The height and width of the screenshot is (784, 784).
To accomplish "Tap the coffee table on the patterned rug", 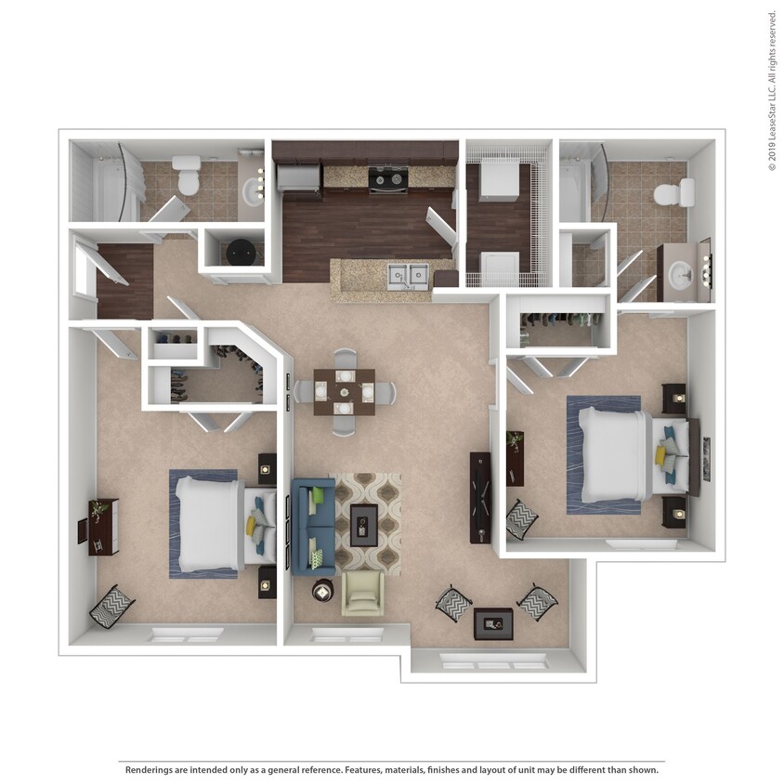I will point(363,525).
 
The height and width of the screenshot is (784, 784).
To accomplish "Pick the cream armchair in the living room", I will point(362,593).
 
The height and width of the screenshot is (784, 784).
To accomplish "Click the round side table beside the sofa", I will point(323,590).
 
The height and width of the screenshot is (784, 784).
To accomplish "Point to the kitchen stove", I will point(387,178).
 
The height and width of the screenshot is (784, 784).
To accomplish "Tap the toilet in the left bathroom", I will point(189,176).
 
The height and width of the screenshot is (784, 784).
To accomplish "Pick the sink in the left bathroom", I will point(251,190).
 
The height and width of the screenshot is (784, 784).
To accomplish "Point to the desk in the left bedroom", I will point(102,527).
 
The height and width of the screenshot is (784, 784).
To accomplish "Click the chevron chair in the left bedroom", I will point(111,606).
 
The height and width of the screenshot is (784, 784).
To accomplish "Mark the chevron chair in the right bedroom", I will point(521,519).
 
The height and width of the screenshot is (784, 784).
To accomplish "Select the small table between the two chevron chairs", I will point(493,623).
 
